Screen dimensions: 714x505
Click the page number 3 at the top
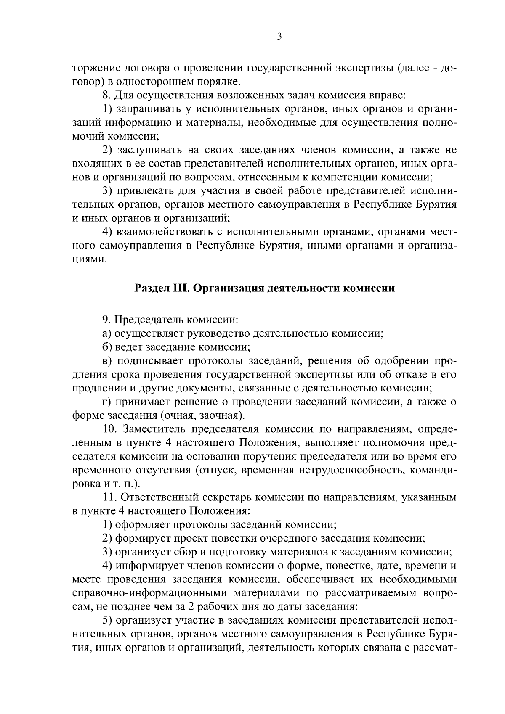coord(279,37)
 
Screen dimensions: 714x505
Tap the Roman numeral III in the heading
coord(181,289)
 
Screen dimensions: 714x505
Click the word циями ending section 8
coord(88,259)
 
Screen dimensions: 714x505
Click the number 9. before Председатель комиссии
coord(107,320)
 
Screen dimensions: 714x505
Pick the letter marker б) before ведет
coord(107,347)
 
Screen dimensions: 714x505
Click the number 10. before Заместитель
coord(111,429)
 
